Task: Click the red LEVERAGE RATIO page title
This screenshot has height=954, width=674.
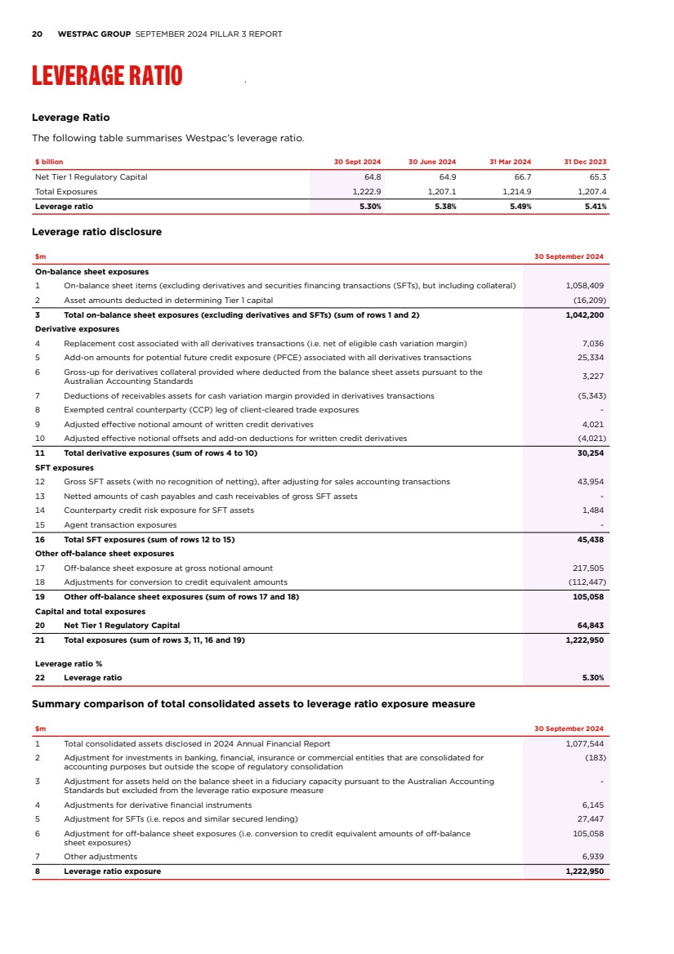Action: coord(107,76)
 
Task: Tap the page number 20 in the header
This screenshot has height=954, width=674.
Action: coord(37,34)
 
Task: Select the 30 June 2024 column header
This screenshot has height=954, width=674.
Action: coord(432,162)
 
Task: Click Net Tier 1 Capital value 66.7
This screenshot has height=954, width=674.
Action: coord(520,176)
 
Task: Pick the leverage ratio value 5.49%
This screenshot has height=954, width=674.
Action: coord(518,207)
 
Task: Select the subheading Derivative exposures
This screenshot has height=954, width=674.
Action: coord(77,329)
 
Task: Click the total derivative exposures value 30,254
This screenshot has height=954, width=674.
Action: coord(590,452)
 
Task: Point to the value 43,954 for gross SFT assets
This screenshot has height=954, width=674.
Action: coord(590,481)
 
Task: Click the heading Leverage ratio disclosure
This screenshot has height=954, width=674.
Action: coord(96,232)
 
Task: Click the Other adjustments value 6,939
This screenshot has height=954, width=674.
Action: coord(592,856)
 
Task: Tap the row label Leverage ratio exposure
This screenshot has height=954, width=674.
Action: coord(112,871)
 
